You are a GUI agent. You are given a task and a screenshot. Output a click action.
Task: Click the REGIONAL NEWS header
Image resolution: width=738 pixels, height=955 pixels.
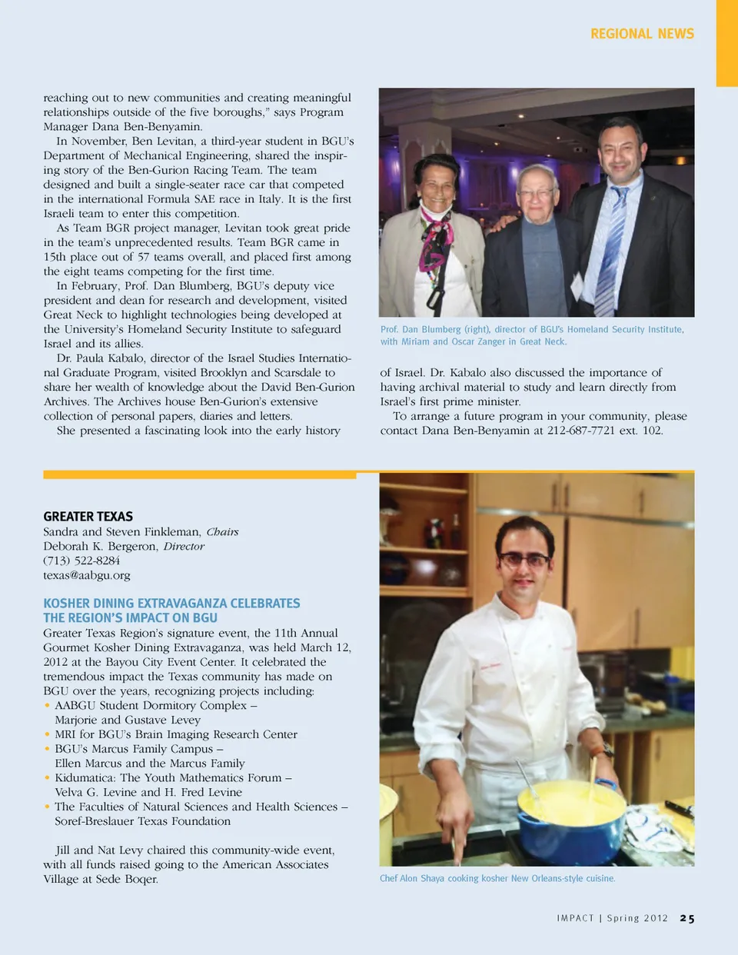click(x=642, y=34)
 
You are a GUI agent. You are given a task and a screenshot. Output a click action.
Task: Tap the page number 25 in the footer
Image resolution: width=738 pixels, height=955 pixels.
click(x=686, y=918)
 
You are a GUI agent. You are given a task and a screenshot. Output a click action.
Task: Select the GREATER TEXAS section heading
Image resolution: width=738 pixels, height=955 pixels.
click(x=88, y=517)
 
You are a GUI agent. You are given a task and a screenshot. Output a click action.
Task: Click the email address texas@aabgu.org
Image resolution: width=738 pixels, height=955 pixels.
click(x=86, y=575)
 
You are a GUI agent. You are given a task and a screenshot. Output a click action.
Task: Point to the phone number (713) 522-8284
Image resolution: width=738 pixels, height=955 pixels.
click(x=81, y=561)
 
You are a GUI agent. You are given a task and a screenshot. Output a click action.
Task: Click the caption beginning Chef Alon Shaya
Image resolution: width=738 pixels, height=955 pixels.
click(x=497, y=878)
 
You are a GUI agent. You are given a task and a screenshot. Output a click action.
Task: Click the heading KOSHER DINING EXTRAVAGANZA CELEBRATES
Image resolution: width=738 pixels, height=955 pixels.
click(x=171, y=604)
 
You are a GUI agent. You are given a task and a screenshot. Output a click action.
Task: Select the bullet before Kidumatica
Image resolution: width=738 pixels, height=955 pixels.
click(x=48, y=778)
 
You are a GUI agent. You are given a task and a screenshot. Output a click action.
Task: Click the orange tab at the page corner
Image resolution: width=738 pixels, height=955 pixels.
click(x=726, y=42)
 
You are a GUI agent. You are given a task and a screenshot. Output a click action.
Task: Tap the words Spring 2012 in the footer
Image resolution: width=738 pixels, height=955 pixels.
click(x=637, y=918)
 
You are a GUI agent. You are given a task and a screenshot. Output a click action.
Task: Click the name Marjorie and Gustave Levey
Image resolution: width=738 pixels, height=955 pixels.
click(x=128, y=720)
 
